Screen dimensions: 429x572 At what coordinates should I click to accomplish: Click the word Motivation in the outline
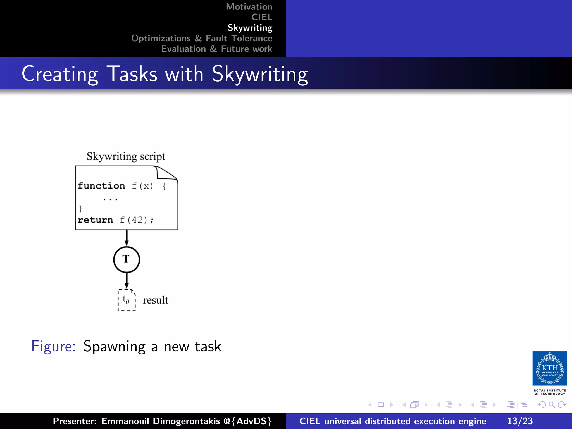coord(249,7)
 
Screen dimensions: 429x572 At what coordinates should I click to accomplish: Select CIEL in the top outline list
coord(262,17)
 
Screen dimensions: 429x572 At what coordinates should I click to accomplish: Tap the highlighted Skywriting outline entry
coord(250,28)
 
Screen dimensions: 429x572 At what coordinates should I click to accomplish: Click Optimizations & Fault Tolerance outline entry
coord(202,38)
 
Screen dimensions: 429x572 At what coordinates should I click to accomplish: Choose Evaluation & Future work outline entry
coord(216,49)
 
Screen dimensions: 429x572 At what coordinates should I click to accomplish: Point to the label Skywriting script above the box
coord(126,156)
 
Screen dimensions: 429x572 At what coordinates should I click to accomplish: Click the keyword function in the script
coord(101,186)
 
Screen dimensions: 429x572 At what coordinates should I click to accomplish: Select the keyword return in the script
coord(95,220)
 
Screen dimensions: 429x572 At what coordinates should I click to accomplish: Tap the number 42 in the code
coord(137,220)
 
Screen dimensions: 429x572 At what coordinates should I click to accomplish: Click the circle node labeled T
coord(127,259)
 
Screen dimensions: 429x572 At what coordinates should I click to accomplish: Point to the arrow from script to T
coord(127,238)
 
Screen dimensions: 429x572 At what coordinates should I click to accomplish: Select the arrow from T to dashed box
coord(127,281)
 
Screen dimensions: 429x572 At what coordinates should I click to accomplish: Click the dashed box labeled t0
coord(127,300)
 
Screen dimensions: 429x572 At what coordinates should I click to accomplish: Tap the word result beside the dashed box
coord(155,300)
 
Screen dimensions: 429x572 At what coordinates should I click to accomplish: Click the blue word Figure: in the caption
coord(53,346)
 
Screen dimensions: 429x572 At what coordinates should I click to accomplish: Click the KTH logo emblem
coord(549,368)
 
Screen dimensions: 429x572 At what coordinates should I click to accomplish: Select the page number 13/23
coord(520,421)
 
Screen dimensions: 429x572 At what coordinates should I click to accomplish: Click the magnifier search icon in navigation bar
coord(552,405)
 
